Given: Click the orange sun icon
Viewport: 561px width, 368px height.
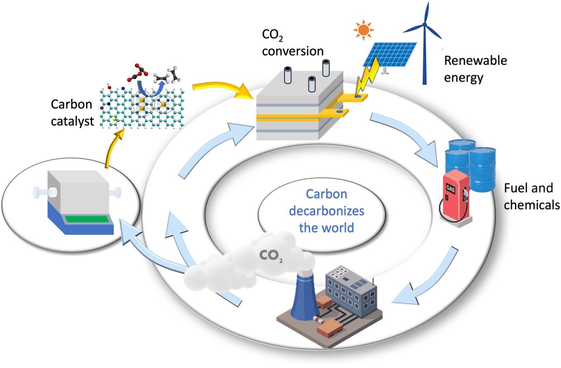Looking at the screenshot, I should (363, 29).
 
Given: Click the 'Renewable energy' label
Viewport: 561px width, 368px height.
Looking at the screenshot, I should (475, 69).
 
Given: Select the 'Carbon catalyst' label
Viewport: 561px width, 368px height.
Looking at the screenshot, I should (72, 113).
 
